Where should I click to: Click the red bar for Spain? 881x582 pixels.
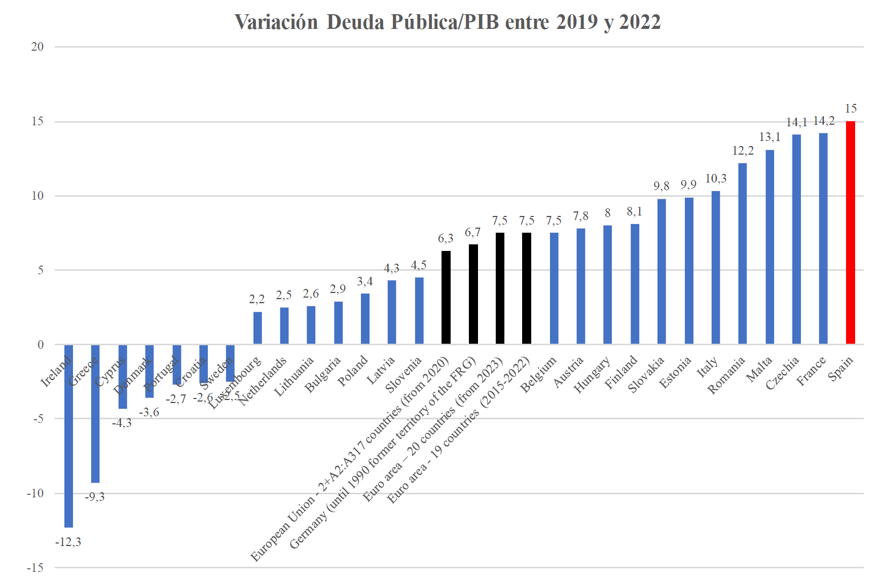[850, 233]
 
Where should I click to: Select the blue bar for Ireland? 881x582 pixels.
[68, 436]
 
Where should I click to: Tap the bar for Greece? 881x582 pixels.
[95, 414]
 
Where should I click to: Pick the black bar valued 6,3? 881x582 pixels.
[446, 298]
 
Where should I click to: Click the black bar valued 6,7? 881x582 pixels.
[473, 294]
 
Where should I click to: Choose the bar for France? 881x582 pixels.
[823, 238]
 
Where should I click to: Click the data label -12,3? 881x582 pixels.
[68, 542]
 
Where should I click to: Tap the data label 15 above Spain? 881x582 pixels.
[851, 108]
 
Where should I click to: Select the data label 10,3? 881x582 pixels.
[716, 178]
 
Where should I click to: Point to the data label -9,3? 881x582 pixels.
[95, 497]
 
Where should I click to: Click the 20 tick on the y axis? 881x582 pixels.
[38, 47]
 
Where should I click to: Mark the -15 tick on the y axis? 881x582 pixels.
[35, 567]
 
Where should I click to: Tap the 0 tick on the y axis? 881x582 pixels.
[41, 345]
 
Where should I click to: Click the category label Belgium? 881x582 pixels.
[538, 375]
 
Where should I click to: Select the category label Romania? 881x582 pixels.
[726, 375]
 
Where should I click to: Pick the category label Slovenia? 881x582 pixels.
[403, 375]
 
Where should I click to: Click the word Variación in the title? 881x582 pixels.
[276, 22]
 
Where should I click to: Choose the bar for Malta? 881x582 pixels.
[769, 247]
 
